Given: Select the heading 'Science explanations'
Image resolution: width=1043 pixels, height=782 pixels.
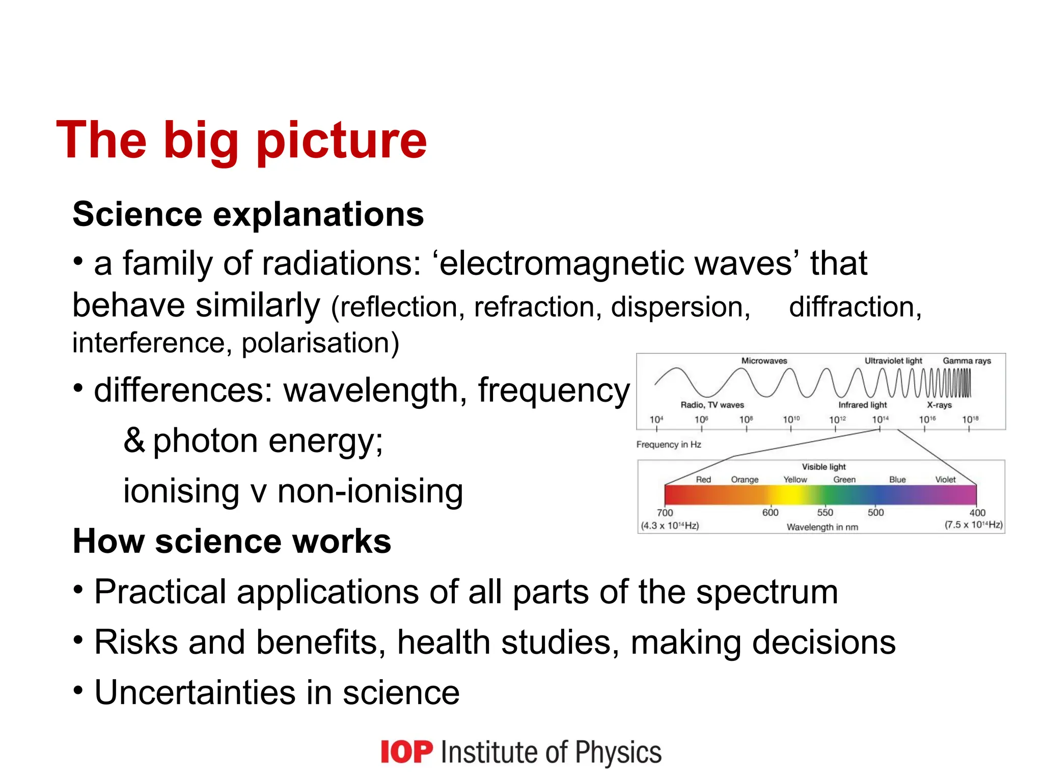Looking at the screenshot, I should point(248,214).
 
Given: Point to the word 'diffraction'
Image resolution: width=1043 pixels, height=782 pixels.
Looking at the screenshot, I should point(855,308).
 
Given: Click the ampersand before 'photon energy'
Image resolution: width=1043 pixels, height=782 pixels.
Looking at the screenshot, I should point(134,440).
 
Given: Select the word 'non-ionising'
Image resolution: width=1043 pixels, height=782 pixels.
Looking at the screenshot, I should point(370,492).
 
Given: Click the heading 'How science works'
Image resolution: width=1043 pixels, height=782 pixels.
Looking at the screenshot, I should point(232,541).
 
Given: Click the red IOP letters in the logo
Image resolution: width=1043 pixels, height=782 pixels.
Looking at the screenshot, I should point(406,752).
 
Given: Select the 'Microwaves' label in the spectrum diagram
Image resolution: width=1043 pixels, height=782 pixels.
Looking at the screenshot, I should point(764,361).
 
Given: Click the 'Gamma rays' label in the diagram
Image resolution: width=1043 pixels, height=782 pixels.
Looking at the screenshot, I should point(967,361).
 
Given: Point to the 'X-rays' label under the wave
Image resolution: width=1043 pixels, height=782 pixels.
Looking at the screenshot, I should point(939,405).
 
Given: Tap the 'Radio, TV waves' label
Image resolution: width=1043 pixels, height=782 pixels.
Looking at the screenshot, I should point(712,405).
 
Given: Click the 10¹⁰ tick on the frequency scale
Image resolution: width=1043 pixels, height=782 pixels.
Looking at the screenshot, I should point(791,420).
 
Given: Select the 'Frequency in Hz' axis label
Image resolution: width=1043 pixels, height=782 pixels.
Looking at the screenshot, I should point(669,445).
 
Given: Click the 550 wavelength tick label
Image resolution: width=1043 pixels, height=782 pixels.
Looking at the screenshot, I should point(825,513).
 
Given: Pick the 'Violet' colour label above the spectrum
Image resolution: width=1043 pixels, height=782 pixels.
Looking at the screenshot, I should point(945,480).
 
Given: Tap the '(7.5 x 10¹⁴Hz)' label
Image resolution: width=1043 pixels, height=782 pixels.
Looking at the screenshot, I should point(973,525).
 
